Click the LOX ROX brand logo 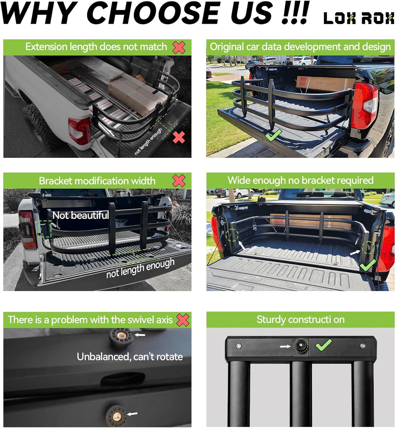pos(359,18)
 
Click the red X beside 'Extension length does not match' pos(179,47)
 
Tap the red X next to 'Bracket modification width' pos(179,181)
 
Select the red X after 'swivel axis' pos(182,320)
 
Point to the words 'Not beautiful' pos(81,215)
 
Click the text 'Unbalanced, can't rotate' pos(130,357)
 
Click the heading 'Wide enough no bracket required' pos(300,180)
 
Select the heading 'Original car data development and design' pos(300,47)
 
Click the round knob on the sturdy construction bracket pos(301,346)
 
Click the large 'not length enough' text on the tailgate pos(140,268)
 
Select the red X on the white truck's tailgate pos(179,138)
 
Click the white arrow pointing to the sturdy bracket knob pos(285,346)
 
